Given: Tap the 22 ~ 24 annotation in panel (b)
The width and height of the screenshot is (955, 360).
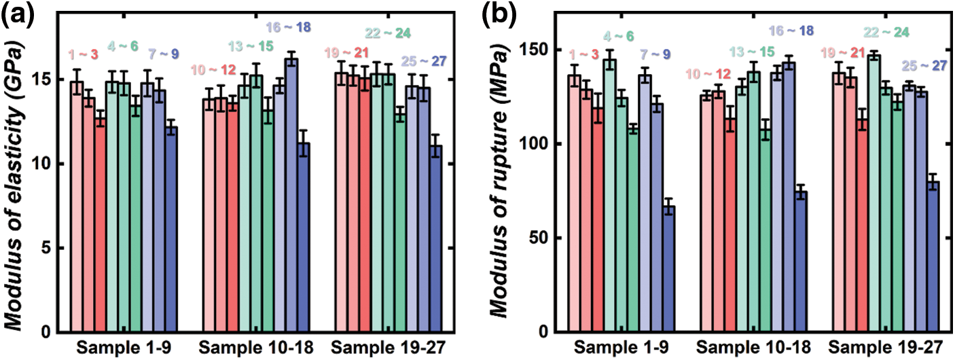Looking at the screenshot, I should coord(887,33).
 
